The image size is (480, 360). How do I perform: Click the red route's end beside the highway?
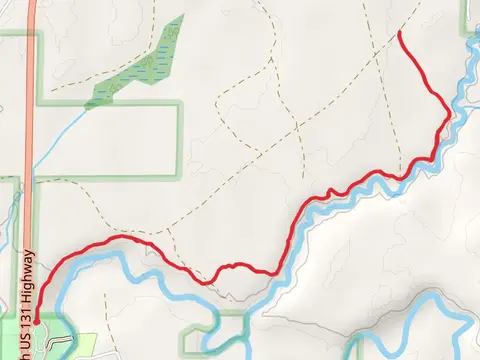click(36, 321)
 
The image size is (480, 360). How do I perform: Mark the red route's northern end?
click(400, 33)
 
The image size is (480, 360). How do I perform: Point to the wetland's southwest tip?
click(90, 104)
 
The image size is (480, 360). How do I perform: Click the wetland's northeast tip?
click(182, 17)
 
